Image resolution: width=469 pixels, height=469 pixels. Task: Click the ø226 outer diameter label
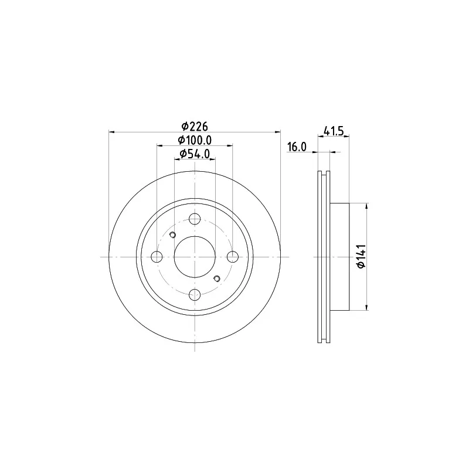(x=195, y=127)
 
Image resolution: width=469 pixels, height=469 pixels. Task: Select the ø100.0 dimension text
(x=195, y=140)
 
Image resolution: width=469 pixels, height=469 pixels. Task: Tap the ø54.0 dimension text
(x=195, y=154)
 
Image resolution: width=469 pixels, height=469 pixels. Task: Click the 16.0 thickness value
(x=297, y=147)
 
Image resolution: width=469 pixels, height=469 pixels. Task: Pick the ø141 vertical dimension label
(x=362, y=256)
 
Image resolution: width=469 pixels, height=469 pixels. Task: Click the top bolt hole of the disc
(x=195, y=219)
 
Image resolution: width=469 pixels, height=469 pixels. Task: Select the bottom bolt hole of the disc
(x=195, y=295)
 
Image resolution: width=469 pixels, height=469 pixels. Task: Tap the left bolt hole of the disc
(x=157, y=257)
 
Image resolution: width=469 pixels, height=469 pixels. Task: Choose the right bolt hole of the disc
(x=232, y=257)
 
